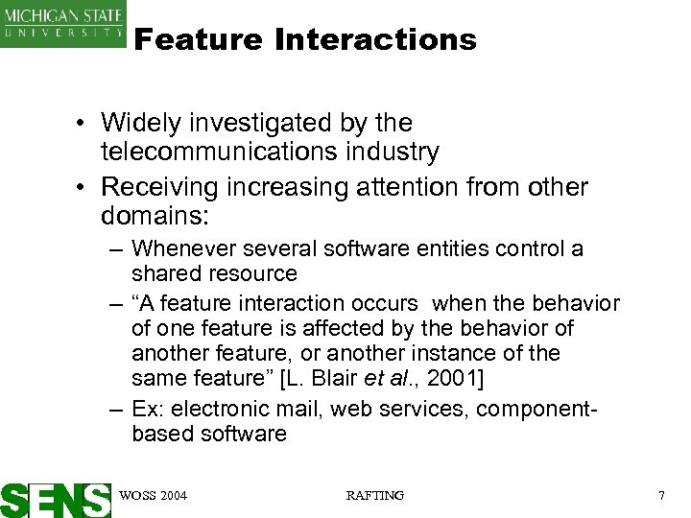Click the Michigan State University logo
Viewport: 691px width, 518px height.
[62, 23]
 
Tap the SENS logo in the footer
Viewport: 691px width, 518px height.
[56, 499]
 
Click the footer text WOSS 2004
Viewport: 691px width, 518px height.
[153, 495]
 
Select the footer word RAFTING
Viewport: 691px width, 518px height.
[374, 495]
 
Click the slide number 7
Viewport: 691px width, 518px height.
[661, 495]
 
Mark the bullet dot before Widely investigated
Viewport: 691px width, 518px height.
[85, 124]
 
